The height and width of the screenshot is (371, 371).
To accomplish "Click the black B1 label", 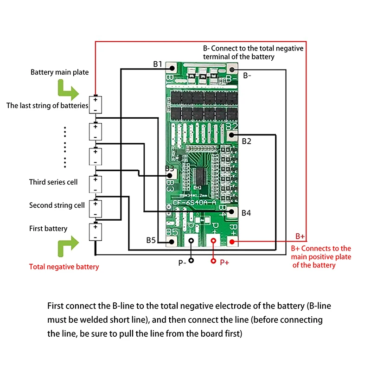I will pos(158,64).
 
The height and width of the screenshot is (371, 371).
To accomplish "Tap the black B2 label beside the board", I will pos(247,141).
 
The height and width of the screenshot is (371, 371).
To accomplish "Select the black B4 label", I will pos(246,213).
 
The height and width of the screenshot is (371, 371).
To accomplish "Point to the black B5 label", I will pos(151,240).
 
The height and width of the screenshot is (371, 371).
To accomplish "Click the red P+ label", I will pos(224,262).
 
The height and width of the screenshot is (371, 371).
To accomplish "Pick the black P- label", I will pos(182,262).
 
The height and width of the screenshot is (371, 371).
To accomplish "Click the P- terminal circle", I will pos(191,261).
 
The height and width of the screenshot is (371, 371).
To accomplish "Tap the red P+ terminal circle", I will pos(213,261).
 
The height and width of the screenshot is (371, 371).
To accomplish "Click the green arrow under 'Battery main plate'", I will pos(66,89).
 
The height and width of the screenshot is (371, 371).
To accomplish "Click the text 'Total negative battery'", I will pos(64,267).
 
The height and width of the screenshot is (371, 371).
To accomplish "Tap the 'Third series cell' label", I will pos(53,182).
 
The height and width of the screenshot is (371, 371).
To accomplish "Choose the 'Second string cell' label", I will pos(57,205).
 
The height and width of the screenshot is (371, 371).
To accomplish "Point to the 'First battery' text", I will pos(48,228).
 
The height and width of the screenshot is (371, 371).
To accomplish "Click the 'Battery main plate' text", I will pos(59,72).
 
